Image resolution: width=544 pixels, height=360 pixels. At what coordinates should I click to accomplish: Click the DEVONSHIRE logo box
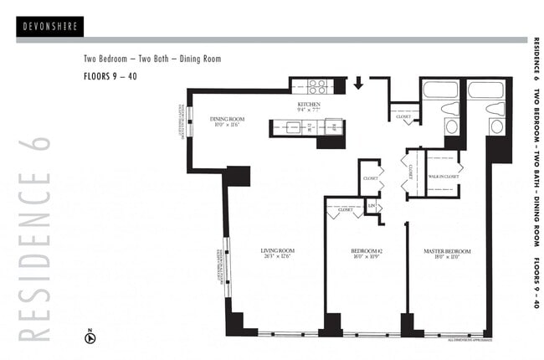pyautogui.click(x=49, y=27)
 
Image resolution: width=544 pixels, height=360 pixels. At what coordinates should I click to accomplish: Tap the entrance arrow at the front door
pyautogui.click(x=358, y=83)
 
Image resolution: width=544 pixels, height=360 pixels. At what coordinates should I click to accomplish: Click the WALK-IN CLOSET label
pyautogui.click(x=443, y=177)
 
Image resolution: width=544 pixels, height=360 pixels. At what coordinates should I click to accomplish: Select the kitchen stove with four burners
pyautogui.click(x=317, y=85)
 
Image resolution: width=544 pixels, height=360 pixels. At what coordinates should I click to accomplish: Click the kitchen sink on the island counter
pyautogui.click(x=292, y=128)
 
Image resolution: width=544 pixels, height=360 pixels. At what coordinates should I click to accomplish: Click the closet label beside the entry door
pyautogui.click(x=403, y=116)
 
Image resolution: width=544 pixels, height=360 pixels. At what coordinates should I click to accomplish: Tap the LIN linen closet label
pyautogui.click(x=371, y=205)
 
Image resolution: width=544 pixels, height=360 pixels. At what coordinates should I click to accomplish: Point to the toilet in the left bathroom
pyautogui.click(x=450, y=110)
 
